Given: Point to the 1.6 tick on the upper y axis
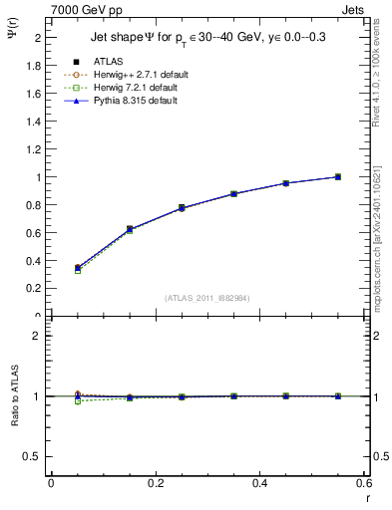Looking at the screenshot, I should click(36, 94).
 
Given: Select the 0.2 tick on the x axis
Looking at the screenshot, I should click(156, 482).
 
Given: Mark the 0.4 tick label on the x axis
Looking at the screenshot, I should click(260, 482).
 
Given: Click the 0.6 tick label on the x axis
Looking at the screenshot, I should click(364, 482).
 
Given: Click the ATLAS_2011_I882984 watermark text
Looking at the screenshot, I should click(207, 298).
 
